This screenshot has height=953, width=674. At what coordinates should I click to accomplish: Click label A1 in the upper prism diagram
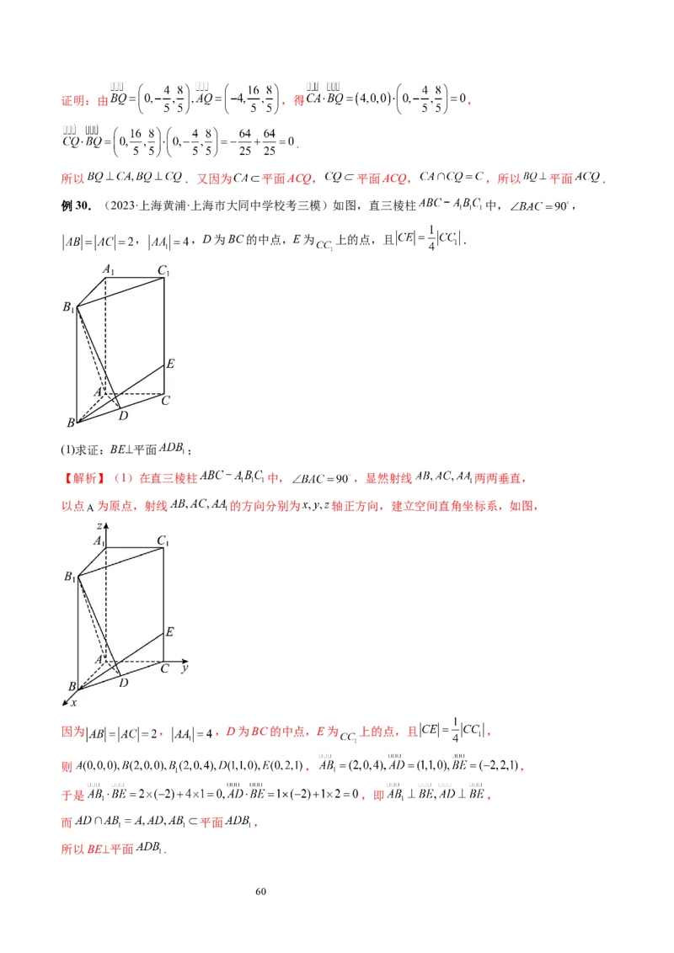pos(109,269)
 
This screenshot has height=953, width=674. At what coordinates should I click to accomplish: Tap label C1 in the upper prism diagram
pos(163,271)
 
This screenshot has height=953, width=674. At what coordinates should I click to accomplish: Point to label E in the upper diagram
pos(169,365)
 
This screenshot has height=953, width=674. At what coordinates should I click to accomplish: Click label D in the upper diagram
pos(124,416)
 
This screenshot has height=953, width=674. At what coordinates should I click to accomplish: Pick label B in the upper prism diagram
pos(70,423)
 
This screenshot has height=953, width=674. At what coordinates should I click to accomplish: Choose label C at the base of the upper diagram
pos(166,401)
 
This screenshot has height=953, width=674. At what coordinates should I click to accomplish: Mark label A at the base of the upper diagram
pos(99,392)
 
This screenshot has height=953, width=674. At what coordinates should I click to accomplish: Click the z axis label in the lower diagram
pos(99,526)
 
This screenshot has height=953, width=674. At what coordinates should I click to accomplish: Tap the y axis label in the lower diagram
pos(183,668)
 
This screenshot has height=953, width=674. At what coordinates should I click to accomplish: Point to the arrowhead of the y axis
pos(188,660)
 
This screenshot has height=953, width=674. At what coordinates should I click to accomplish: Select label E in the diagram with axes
pos(169,632)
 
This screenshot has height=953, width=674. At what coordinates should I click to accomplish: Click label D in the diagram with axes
pos(124,683)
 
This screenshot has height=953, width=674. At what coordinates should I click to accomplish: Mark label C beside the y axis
pos(164,669)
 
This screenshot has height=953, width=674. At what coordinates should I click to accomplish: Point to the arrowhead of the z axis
pos(105,524)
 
